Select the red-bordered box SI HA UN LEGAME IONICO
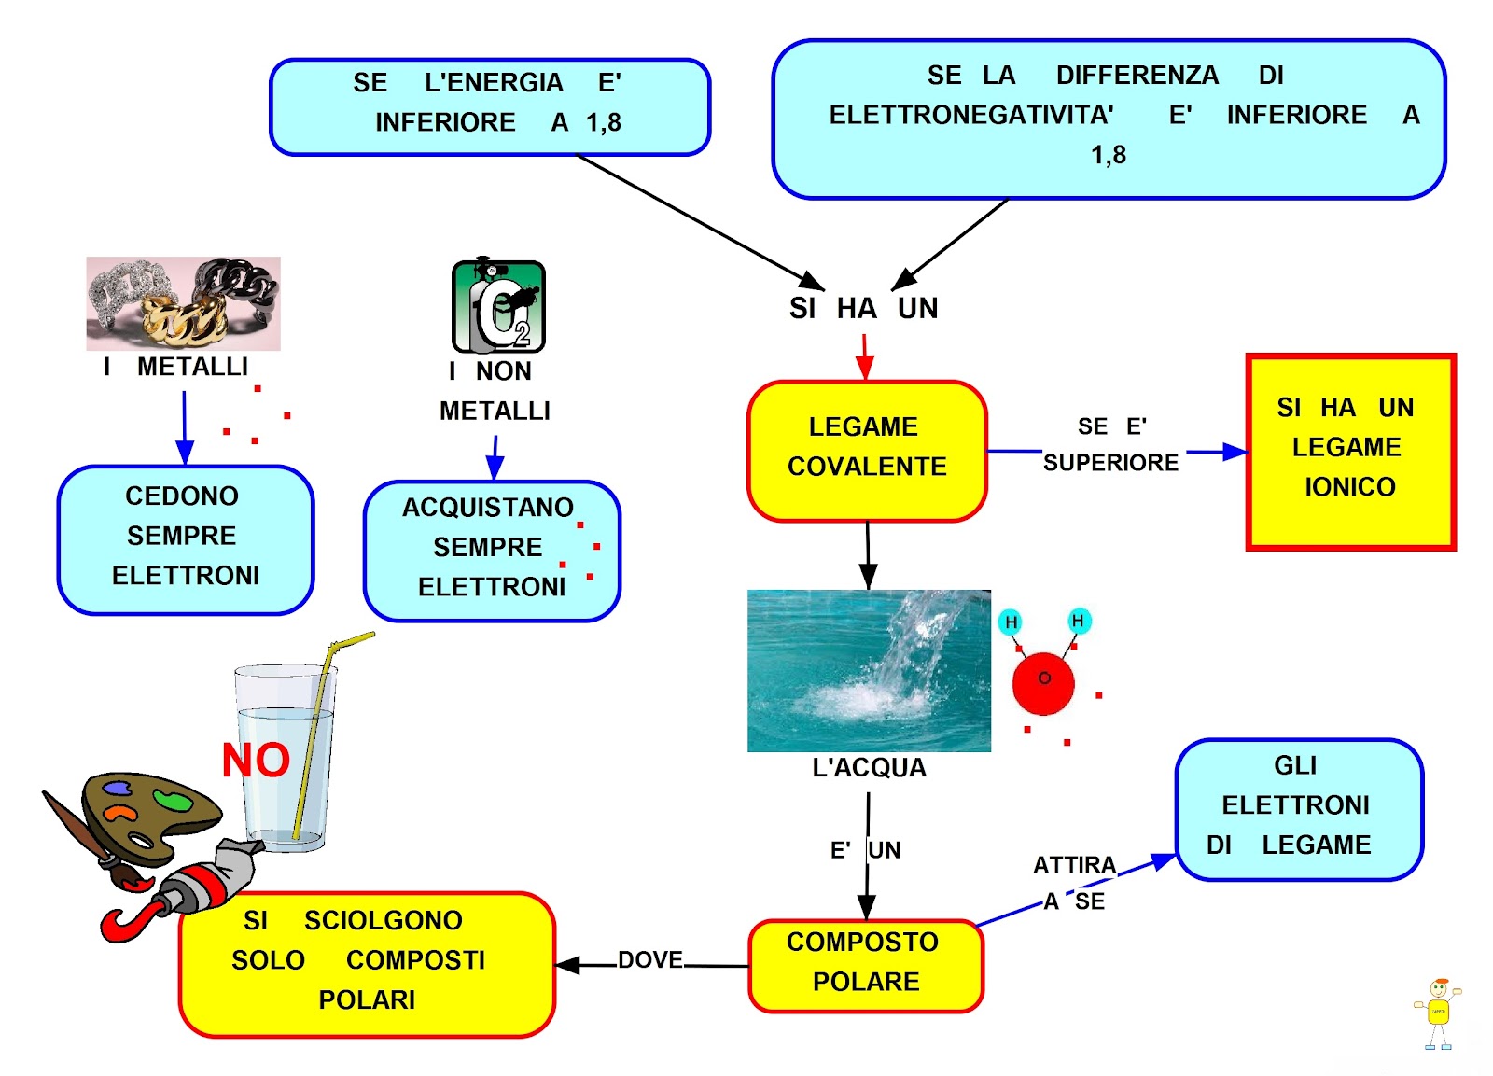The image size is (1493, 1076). (1350, 452)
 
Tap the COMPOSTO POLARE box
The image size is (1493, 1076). (866, 965)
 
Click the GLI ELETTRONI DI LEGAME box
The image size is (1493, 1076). (1298, 808)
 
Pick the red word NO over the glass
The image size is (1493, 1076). (256, 761)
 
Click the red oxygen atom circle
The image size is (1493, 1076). (1043, 682)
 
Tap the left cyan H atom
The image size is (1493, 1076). (1011, 622)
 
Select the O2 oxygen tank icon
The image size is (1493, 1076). (498, 306)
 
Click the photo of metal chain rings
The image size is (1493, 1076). (183, 303)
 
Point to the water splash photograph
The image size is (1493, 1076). (869, 670)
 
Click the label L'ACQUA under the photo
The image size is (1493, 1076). (869, 768)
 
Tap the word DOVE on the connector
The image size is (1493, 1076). (650, 960)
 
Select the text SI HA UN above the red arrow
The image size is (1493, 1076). (863, 309)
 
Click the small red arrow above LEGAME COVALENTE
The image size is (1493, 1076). (865, 356)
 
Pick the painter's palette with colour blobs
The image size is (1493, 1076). (150, 813)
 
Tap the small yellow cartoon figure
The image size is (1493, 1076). (1438, 1013)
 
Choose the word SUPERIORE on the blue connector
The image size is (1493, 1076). (1110, 463)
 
